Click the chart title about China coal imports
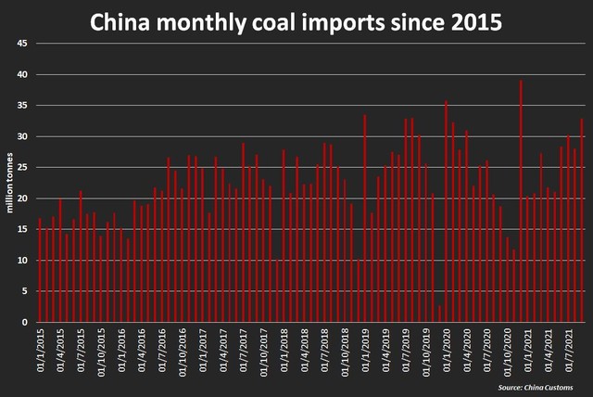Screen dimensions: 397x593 (x=296, y=21)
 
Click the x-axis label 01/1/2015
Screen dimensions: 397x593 (x=40, y=351)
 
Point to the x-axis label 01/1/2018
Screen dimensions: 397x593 (x=284, y=351)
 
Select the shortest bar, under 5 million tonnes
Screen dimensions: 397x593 (x=439, y=314)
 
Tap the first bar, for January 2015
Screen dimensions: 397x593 (x=40, y=270)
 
